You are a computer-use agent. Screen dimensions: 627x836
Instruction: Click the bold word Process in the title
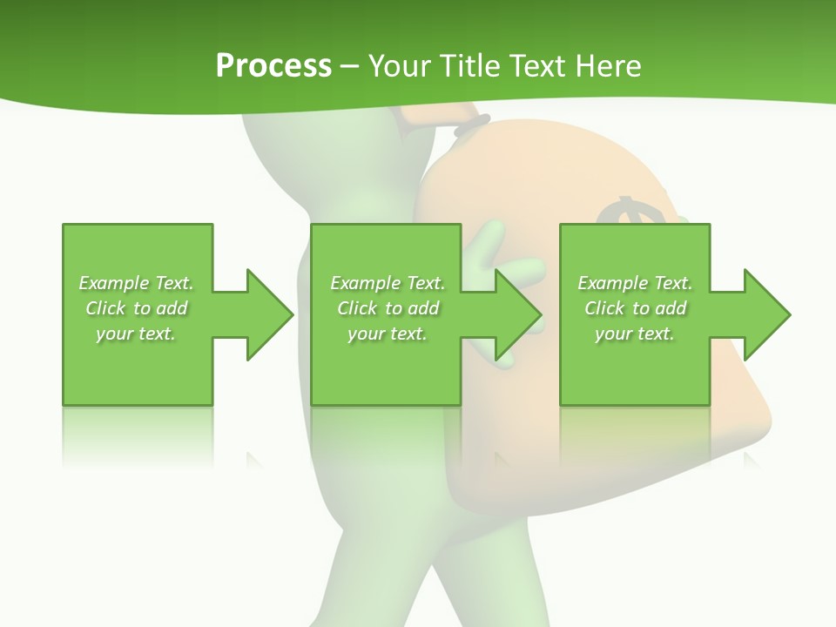click(273, 65)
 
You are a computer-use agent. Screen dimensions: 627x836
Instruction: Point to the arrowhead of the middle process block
click(517, 314)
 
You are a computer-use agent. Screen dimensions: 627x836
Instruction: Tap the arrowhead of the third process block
click(766, 314)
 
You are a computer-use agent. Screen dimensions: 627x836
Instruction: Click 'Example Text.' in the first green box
click(136, 283)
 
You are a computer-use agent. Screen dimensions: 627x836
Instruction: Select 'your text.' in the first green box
click(136, 334)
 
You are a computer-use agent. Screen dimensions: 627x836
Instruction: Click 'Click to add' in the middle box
click(388, 308)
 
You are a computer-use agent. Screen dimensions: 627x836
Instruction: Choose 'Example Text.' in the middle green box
click(388, 283)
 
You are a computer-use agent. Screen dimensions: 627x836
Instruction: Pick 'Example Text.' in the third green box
click(635, 283)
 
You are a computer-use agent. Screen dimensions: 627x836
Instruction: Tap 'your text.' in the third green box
click(635, 334)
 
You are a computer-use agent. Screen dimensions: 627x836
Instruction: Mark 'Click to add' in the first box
click(136, 308)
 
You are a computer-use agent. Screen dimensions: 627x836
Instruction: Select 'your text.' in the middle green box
click(388, 334)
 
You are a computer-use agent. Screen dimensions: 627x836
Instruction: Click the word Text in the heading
click(540, 65)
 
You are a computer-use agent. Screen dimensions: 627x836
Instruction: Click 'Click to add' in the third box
click(635, 308)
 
